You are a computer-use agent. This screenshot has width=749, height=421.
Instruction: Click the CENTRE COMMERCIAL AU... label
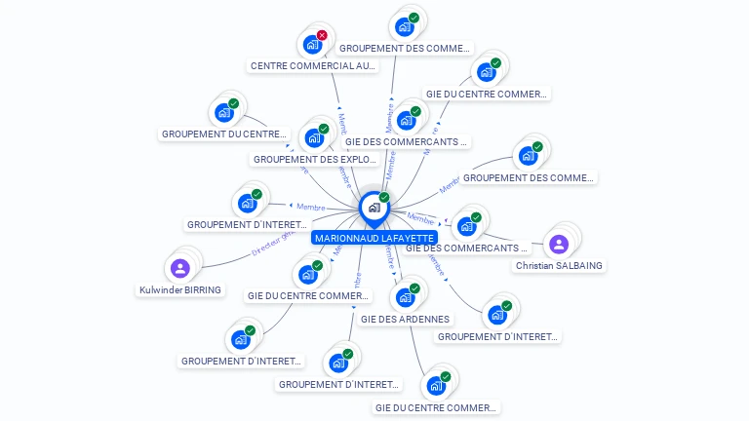point(313,66)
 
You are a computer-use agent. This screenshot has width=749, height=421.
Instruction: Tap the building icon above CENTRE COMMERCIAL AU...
point(312,44)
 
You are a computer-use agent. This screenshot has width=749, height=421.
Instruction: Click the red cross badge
point(322,35)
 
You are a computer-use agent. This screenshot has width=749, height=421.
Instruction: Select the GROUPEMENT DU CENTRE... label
point(224,134)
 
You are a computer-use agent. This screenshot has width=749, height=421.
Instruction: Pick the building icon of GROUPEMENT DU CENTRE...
point(223,112)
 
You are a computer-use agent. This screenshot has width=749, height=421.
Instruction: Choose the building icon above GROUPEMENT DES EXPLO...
point(315,137)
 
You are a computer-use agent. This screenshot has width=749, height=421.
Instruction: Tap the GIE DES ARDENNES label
point(405,319)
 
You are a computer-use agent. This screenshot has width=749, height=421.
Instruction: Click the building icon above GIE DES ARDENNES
point(405,297)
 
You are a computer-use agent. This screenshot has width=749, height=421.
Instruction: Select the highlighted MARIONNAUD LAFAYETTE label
point(374,238)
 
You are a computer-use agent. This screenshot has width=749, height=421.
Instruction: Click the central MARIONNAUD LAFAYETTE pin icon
point(374,208)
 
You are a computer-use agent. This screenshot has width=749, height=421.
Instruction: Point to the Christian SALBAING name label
point(559,265)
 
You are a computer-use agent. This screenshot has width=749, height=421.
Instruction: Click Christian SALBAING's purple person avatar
point(559,244)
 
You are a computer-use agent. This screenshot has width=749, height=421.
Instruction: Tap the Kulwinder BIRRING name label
point(179,289)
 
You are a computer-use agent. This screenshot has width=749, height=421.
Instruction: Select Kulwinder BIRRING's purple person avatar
point(179,268)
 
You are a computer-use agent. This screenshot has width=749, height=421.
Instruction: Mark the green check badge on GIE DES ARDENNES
point(414,288)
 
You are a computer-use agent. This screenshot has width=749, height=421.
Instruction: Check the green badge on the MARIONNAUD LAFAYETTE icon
point(384,198)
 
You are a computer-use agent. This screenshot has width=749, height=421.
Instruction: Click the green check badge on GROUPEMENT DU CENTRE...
point(233,103)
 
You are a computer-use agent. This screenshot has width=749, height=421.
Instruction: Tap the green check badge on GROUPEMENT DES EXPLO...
point(324,129)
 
